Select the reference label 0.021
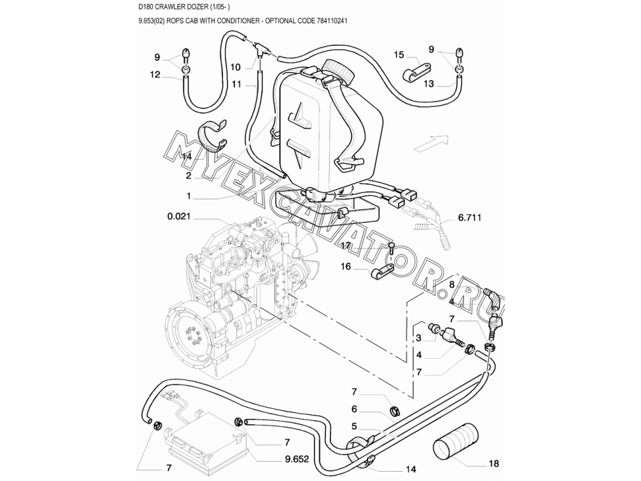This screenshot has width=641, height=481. [x=180, y=217]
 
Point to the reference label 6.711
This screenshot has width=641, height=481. [x=470, y=218]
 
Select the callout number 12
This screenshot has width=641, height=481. [x=155, y=75]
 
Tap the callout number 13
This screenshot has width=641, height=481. [x=429, y=84]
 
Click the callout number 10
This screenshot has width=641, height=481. [x=236, y=67]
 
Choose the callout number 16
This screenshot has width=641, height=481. [x=346, y=267]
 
